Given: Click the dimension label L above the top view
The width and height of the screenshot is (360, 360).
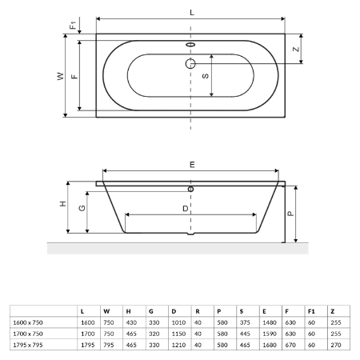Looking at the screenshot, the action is pyautogui.click(x=192, y=13).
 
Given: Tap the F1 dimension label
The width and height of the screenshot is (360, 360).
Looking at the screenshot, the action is pyautogui.click(x=73, y=26).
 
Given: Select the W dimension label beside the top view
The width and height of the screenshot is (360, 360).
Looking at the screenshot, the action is pyautogui.click(x=61, y=76).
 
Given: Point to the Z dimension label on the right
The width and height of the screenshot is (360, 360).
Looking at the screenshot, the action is pyautogui.click(x=296, y=50).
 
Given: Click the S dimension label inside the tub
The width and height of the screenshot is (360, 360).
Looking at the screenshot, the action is pyautogui.click(x=206, y=76).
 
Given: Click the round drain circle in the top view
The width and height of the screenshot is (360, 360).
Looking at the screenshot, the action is pyautogui.click(x=190, y=63).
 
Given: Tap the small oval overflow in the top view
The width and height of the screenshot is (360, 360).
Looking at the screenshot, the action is pyautogui.click(x=190, y=45).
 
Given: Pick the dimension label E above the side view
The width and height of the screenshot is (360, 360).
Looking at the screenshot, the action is pyautogui.click(x=192, y=165).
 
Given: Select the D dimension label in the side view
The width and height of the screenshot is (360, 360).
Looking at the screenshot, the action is pyautogui.click(x=186, y=209).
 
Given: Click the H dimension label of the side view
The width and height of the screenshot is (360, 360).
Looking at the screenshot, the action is pyautogui.click(x=63, y=204).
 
